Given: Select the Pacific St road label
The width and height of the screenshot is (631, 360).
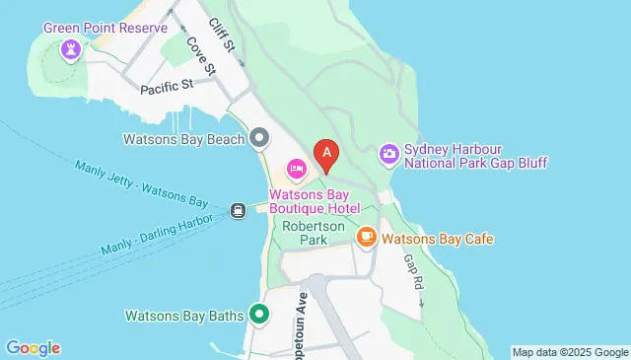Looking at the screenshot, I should pos(164,88).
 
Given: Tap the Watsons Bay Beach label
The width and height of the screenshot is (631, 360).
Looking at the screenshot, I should pos(182,139).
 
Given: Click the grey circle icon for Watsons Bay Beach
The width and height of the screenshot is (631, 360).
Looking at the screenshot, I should pos(259,137).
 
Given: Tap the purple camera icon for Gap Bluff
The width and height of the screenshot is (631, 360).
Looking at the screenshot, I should pos(389,153).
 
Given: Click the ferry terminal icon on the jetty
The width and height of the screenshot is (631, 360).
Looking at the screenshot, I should pos(238,209).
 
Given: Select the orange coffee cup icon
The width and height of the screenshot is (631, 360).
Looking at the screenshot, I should pos(366,238).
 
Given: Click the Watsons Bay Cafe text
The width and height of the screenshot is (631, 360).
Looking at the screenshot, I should pos(438,239).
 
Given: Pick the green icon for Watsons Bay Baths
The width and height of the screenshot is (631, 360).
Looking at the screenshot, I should pos(260,316).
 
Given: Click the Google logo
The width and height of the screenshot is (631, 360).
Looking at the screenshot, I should pos(33,347).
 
